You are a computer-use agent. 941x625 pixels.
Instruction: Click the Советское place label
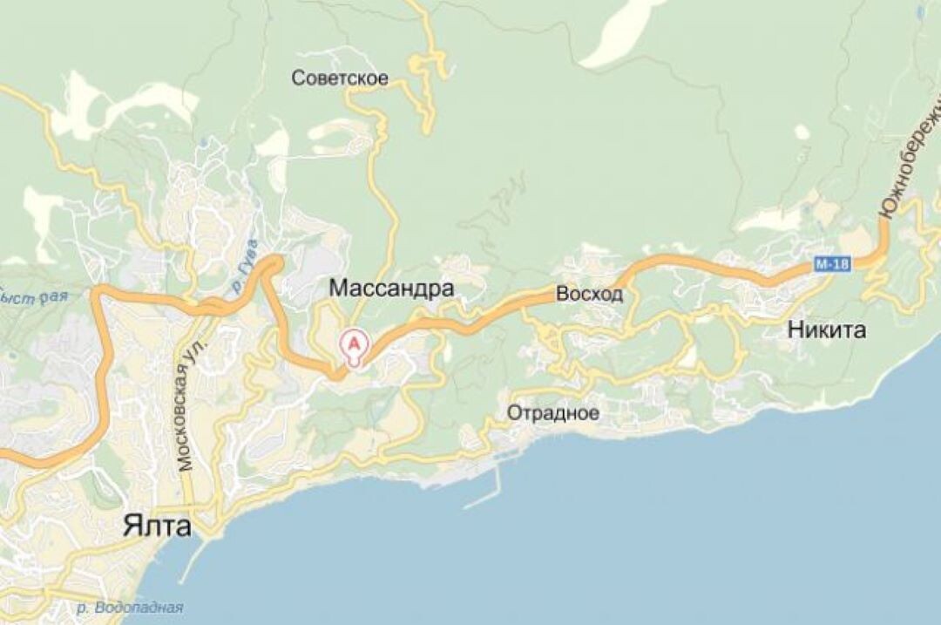[340, 78]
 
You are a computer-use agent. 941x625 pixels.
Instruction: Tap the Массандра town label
[391, 289]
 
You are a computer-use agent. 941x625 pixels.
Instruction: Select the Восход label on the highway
[590, 295]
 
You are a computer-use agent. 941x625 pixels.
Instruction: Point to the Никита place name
[827, 329]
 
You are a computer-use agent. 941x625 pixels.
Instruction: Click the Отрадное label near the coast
[553, 412]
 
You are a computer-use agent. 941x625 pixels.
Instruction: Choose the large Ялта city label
[157, 526]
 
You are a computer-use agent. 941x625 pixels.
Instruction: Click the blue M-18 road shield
[833, 263]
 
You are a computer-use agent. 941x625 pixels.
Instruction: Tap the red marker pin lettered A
[355, 344]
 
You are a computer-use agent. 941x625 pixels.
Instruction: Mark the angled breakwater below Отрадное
[484, 493]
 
